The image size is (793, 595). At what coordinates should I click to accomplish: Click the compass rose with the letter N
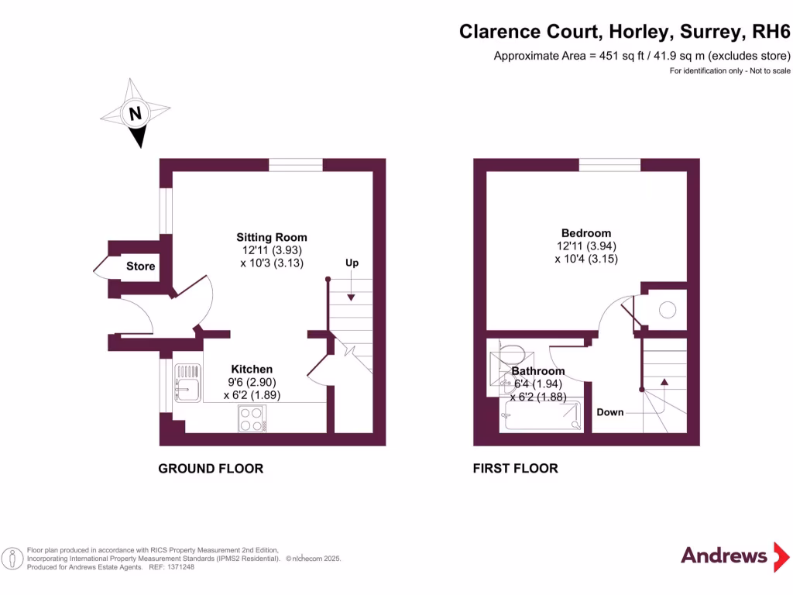(136, 113)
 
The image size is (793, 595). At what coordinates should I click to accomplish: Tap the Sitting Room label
(272, 237)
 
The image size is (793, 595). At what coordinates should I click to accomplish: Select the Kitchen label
(252, 369)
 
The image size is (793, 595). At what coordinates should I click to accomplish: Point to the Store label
(141, 267)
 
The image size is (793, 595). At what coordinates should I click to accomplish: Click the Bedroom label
(586, 232)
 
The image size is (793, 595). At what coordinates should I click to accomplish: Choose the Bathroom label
(538, 371)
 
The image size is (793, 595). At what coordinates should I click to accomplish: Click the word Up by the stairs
(352, 263)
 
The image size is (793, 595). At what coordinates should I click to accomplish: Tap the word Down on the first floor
(610, 412)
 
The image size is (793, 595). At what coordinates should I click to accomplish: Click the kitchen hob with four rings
(252, 419)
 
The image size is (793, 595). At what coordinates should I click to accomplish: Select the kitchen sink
(187, 384)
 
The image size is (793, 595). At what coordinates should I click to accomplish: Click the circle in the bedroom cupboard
(666, 310)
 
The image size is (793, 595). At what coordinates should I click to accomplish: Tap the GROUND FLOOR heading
(211, 469)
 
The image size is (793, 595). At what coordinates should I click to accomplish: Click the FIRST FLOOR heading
(516, 469)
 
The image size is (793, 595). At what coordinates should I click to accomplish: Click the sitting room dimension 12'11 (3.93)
(271, 250)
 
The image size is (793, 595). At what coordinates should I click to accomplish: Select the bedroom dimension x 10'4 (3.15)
(586, 259)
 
